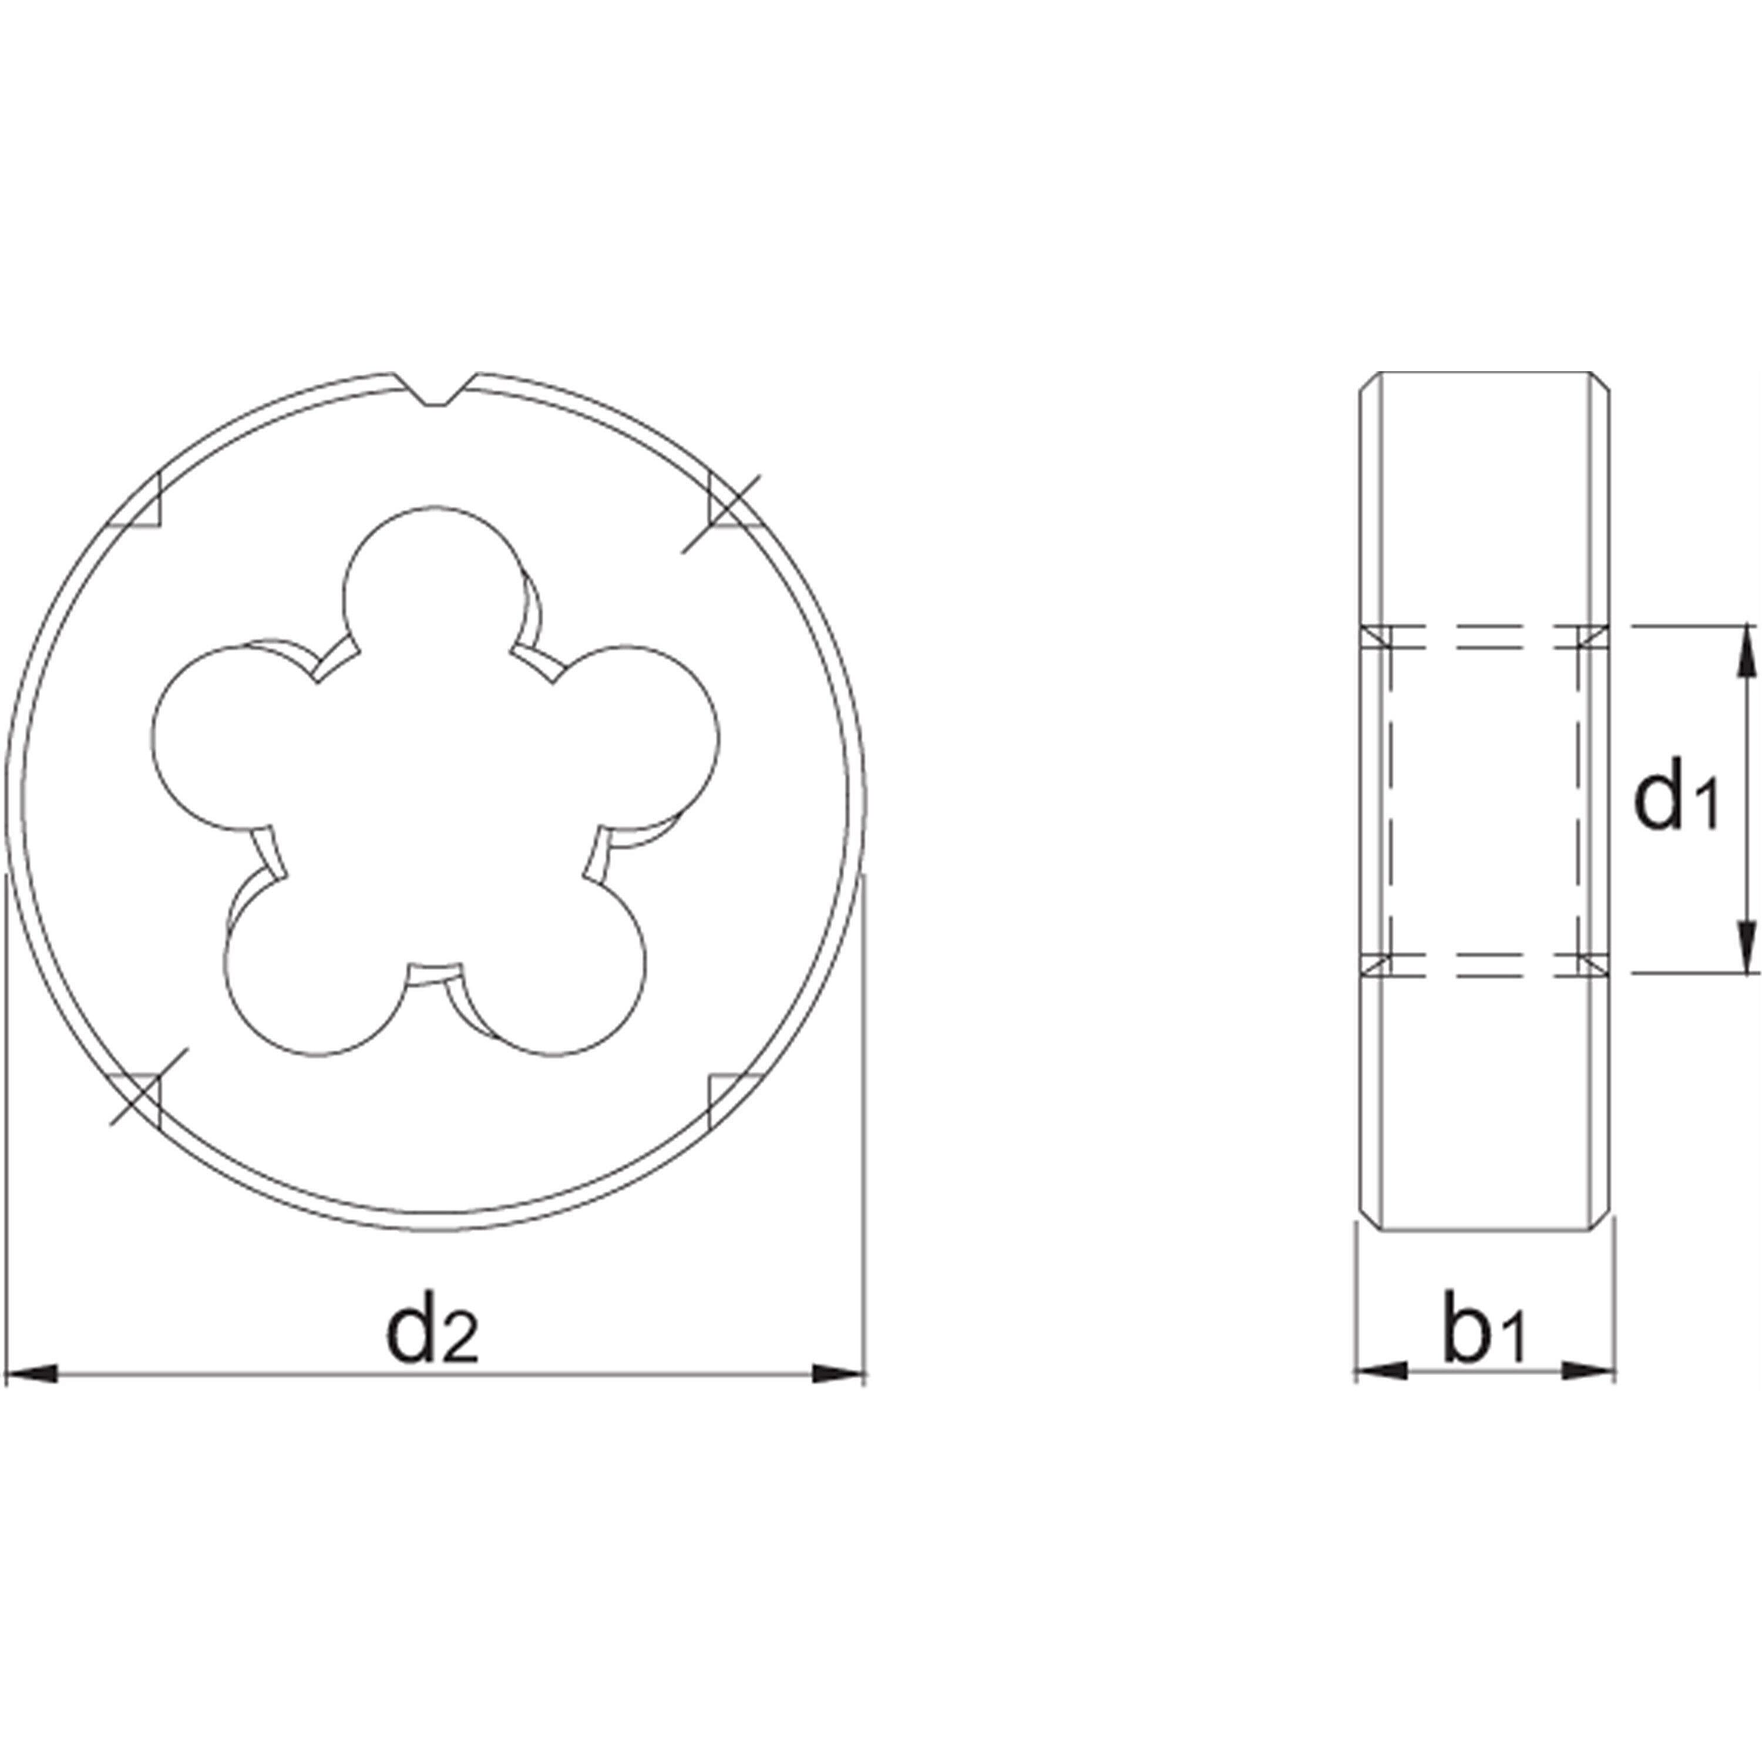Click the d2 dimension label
click(432, 1333)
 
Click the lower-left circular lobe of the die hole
click(315, 967)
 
